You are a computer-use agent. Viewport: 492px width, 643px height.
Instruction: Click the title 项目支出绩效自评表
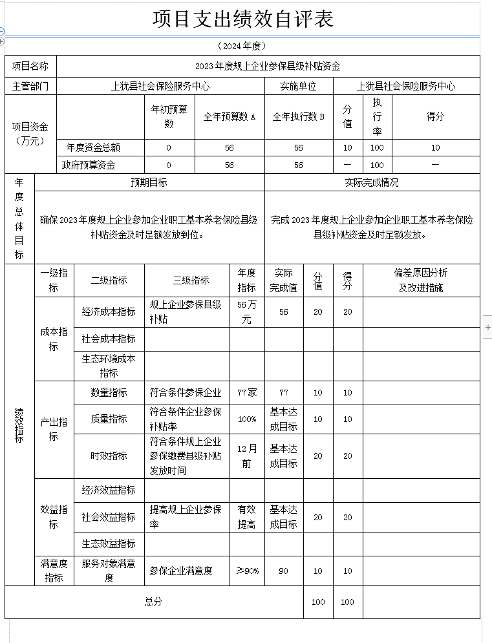pyautogui.click(x=243, y=19)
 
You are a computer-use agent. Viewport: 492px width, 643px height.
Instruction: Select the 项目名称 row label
pyautogui.click(x=30, y=66)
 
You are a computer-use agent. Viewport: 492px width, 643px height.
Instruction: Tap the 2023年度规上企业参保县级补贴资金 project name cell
pyautogui.click(x=268, y=66)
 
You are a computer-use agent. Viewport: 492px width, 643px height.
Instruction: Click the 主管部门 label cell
pyautogui.click(x=30, y=86)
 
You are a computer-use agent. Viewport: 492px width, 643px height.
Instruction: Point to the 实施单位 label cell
pyautogui.click(x=298, y=86)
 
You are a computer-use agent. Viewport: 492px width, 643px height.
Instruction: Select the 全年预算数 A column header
pyautogui.click(x=230, y=117)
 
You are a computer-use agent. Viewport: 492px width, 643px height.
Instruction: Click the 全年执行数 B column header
pyautogui.click(x=298, y=117)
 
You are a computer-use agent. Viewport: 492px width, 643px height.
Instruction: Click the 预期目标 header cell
pyautogui.click(x=149, y=182)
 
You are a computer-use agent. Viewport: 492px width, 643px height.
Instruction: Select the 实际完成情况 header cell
pyautogui.click(x=372, y=182)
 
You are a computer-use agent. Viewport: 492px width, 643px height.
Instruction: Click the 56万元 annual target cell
pyautogui.click(x=246, y=311)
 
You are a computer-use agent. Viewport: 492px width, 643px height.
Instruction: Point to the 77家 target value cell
pyautogui.click(x=246, y=392)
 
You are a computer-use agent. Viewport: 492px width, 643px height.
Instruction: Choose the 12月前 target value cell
pyautogui.click(x=246, y=456)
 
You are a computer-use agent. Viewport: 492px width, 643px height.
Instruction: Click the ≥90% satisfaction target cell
pyautogui.click(x=246, y=571)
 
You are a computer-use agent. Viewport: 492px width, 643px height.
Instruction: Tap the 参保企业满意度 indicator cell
pyautogui.click(x=181, y=571)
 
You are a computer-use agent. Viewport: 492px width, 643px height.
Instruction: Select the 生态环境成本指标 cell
pyautogui.click(x=109, y=366)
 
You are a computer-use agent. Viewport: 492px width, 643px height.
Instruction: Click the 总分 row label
pyautogui.click(x=153, y=602)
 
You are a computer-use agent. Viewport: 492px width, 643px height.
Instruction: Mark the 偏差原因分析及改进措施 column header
pyautogui.click(x=421, y=280)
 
